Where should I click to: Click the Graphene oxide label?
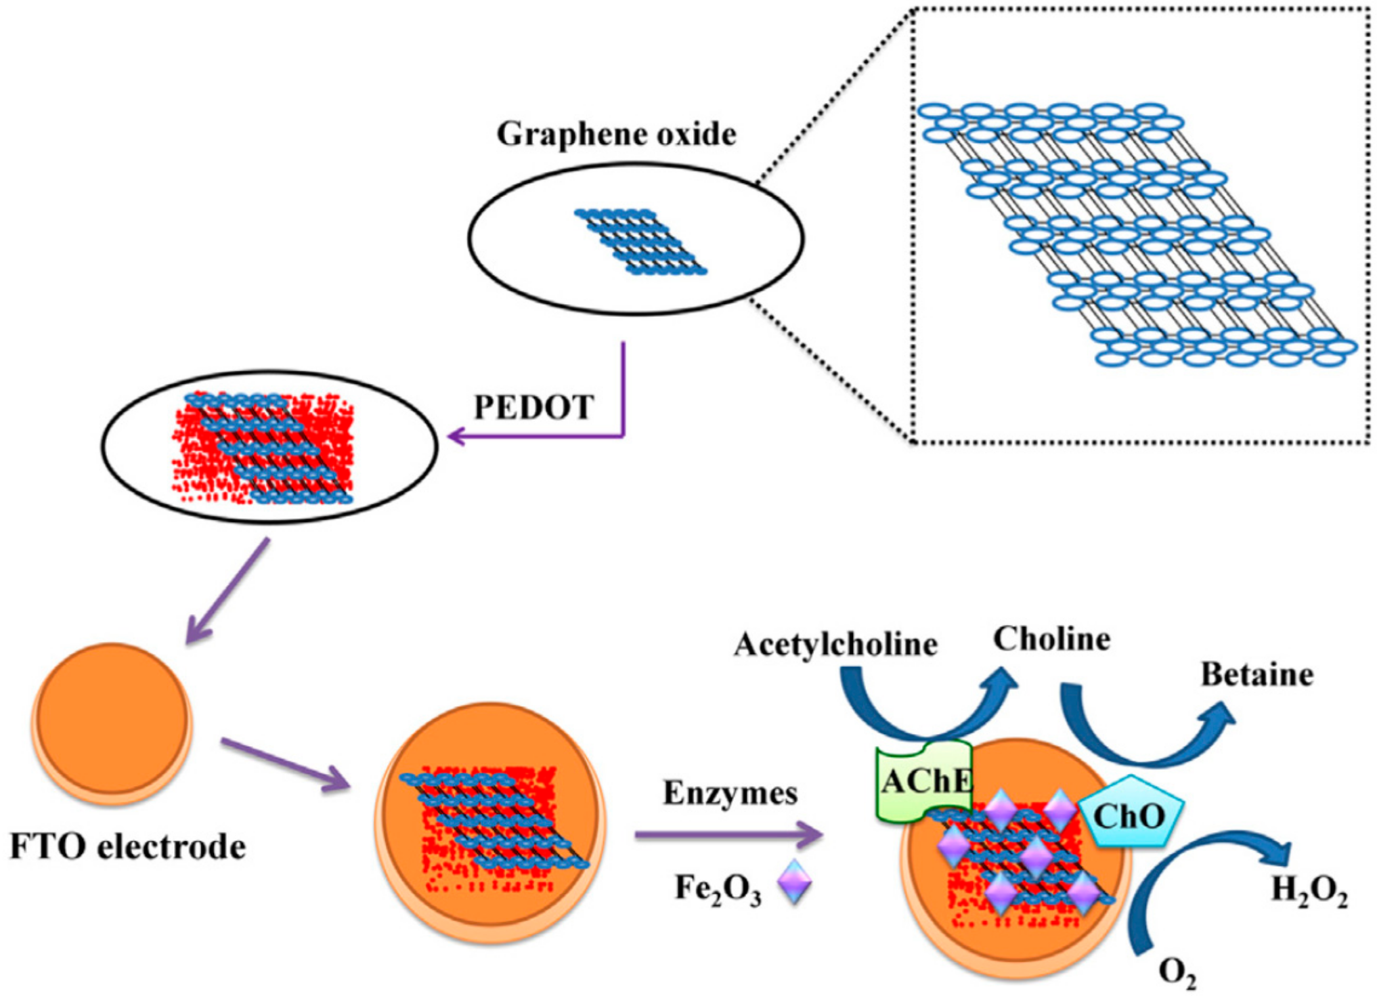(x=616, y=134)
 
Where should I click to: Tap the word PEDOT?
(x=533, y=407)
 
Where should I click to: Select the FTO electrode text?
(x=127, y=847)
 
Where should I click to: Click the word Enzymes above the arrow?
(x=730, y=793)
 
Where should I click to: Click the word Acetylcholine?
(x=835, y=644)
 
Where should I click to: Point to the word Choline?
(x=1051, y=639)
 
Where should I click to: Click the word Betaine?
(x=1256, y=675)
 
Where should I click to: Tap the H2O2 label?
(x=1309, y=890)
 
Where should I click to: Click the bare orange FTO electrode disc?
(x=112, y=720)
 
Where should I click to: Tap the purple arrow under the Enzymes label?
(x=728, y=835)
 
